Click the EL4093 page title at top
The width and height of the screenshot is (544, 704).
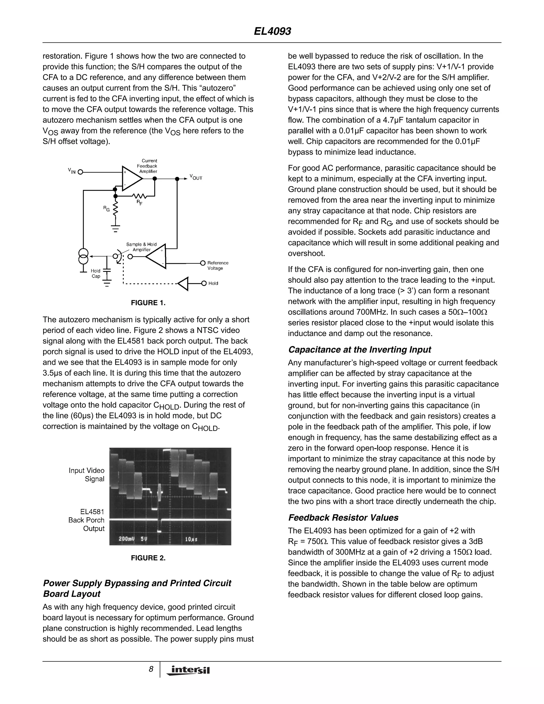pos(272,31)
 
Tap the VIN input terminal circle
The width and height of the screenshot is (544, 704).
pos(80,172)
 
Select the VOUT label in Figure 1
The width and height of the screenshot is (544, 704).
pos(195,177)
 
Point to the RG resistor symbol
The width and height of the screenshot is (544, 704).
pos(115,209)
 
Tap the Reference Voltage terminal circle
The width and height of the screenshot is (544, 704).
pos(203,263)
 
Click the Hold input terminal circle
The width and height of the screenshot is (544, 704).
pos(204,283)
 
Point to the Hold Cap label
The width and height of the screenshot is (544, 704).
pos(96,273)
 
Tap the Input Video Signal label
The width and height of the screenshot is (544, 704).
pos(87,474)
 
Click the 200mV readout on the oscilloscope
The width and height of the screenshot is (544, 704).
pos(126,539)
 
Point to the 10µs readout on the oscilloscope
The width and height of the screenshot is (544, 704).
pos(191,539)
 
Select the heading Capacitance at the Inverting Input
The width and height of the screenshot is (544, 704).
pos(359,350)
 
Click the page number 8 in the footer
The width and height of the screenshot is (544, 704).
pos(151,669)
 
